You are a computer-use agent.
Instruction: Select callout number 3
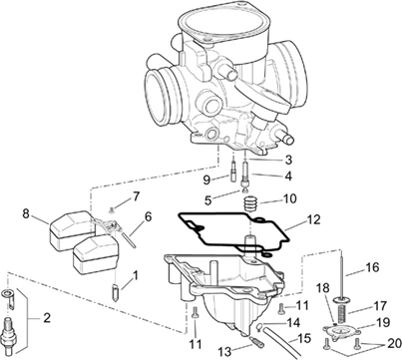point(288,159)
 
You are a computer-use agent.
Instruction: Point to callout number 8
point(27,212)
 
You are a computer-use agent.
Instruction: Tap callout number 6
point(147,216)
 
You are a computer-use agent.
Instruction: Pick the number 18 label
point(320,288)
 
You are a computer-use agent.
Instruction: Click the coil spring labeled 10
point(251,204)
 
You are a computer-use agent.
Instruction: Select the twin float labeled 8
point(75,239)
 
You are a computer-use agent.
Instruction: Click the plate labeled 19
point(341,326)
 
